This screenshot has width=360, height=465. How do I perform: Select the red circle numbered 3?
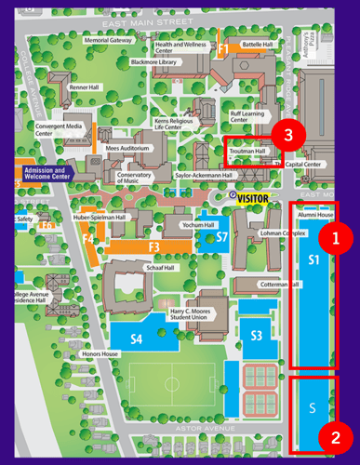tap(288, 135)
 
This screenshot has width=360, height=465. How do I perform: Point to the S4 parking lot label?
tap(136, 339)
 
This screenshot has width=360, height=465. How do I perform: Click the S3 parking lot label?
tap(256, 335)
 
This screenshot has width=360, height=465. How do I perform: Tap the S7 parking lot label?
tap(221, 238)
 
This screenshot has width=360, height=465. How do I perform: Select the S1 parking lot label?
tap(313, 260)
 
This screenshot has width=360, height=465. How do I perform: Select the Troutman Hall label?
tap(247, 151)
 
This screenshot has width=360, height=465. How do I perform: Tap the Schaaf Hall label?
tap(159, 265)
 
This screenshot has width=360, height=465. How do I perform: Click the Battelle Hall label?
tap(256, 44)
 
